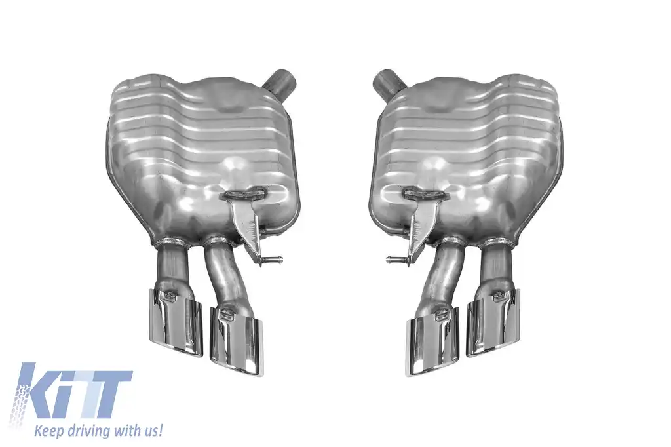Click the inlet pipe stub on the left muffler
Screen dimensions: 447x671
point(280,81)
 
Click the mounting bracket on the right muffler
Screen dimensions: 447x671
point(419,220)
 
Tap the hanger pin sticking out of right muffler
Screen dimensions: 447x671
point(396,260)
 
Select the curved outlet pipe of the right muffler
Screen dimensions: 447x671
point(445,275)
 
